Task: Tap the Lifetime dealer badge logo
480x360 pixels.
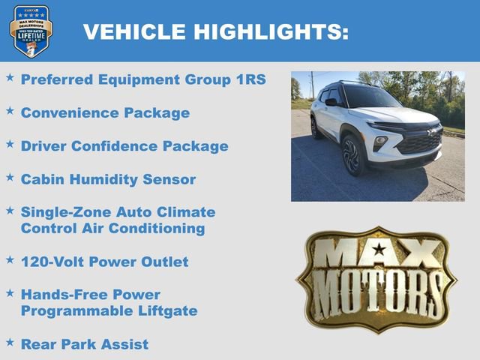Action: [31, 31]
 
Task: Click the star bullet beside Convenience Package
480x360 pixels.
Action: [10, 111]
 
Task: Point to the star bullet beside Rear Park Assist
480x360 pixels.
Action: [10, 342]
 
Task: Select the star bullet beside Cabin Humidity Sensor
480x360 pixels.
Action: [10, 178]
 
